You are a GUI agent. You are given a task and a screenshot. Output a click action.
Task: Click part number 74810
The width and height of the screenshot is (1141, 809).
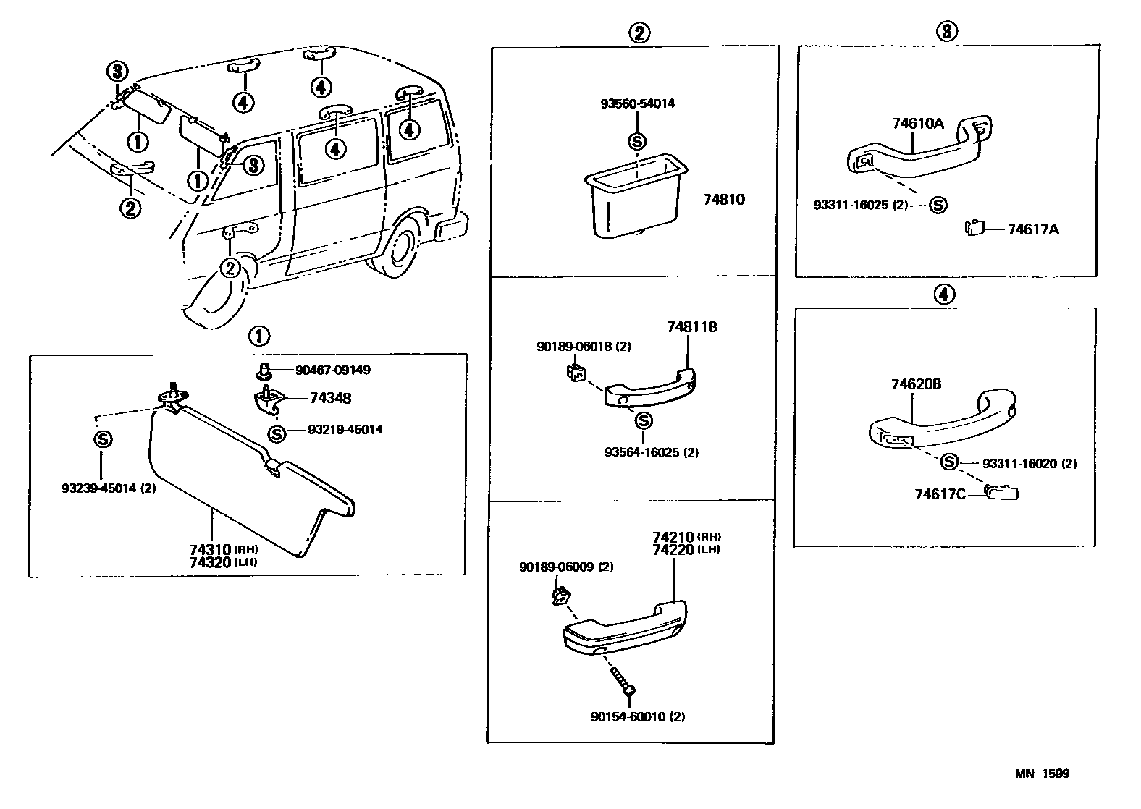click(x=723, y=199)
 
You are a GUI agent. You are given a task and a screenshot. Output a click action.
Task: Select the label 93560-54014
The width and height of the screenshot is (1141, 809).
click(x=637, y=103)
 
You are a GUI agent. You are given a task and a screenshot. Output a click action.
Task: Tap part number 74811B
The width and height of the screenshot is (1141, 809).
click(x=691, y=327)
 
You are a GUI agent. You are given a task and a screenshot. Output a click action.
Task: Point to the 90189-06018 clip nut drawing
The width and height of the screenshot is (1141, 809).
click(x=576, y=374)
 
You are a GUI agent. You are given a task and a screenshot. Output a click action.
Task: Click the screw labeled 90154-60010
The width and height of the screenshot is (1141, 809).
click(x=623, y=682)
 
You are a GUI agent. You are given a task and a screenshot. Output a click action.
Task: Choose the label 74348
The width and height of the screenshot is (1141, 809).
click(x=330, y=398)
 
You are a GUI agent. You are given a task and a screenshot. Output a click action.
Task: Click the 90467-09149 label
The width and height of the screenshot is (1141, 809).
click(x=332, y=370)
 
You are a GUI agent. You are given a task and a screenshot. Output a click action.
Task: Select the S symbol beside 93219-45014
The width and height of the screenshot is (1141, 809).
click(x=276, y=433)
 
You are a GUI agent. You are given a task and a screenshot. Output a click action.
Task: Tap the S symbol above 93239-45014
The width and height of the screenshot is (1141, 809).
click(x=103, y=439)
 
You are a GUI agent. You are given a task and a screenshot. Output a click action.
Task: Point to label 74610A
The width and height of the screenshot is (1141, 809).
click(x=917, y=124)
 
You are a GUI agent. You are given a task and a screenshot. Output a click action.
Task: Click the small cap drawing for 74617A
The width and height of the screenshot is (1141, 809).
click(x=974, y=229)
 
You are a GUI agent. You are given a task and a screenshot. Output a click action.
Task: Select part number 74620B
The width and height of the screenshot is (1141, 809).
click(x=916, y=384)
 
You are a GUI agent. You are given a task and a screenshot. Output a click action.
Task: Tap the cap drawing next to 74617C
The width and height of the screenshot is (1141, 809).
click(x=1003, y=494)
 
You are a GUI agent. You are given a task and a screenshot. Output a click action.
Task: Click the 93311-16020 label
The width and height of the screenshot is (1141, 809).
click(x=1029, y=463)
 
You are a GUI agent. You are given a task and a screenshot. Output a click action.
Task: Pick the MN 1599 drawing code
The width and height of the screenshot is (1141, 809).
click(x=1041, y=774)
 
